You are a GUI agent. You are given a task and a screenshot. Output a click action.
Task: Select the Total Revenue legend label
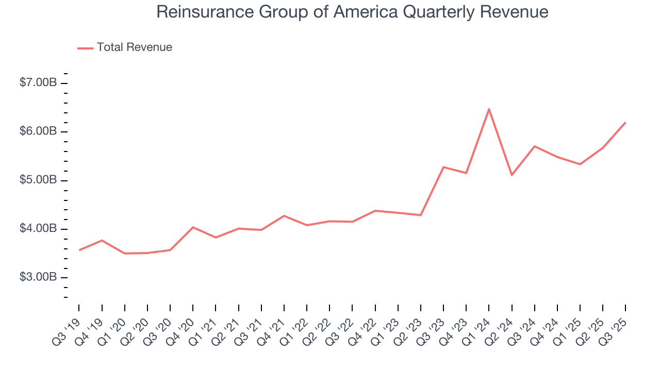(134, 47)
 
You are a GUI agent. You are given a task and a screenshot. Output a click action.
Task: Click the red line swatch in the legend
(85, 48)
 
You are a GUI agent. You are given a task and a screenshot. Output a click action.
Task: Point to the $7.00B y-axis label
(38, 83)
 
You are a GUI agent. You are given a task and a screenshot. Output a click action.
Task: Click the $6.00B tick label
(38, 131)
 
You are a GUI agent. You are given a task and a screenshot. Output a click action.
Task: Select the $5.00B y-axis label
(38, 180)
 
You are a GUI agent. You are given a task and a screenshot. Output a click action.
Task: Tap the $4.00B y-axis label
(38, 229)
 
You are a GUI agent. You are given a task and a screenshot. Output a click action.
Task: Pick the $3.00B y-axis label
(38, 277)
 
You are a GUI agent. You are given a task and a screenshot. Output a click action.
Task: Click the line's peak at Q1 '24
(489, 109)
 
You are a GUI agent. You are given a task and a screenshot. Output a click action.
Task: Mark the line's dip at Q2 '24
(511, 175)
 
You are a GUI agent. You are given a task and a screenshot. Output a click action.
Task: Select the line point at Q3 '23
(443, 167)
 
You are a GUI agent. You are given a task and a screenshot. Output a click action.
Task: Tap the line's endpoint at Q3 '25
(625, 122)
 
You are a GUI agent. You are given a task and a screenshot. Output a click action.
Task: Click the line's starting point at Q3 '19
(79, 250)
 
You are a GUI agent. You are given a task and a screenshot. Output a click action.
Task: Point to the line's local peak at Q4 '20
(193, 227)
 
